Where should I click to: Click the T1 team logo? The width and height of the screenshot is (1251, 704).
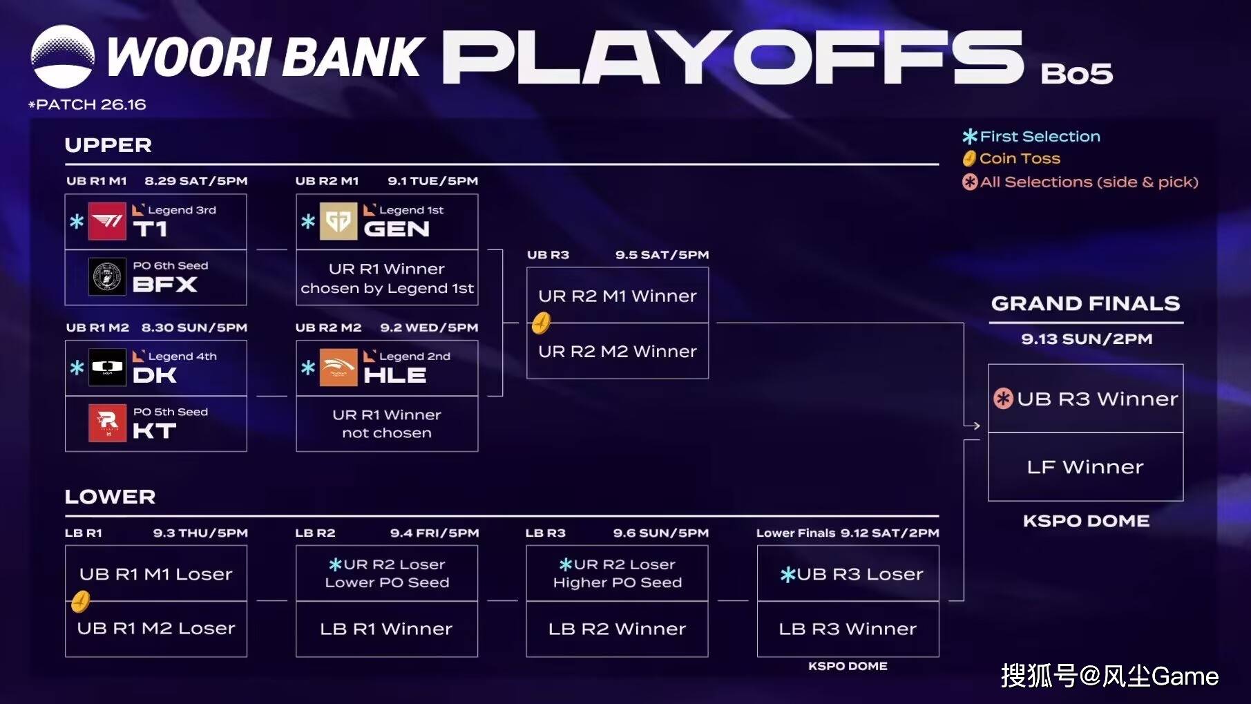click(107, 221)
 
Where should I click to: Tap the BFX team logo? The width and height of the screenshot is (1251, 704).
click(107, 276)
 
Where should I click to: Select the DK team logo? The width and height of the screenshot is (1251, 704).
click(107, 367)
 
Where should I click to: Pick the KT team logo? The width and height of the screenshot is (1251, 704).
click(107, 423)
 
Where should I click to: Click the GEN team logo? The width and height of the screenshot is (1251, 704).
click(338, 221)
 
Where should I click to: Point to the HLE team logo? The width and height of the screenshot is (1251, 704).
click(338, 367)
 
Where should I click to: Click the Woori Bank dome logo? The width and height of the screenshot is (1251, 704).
click(63, 57)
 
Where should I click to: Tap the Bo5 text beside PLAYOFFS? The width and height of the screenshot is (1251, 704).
click(1076, 73)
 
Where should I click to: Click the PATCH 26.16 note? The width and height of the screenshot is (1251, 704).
click(87, 104)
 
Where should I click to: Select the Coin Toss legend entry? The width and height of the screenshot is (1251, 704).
click(1011, 158)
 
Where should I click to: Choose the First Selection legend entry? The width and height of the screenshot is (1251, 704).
click(1031, 136)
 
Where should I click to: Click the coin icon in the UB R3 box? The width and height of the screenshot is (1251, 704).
click(541, 323)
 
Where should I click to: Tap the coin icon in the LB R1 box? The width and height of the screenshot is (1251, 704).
click(80, 601)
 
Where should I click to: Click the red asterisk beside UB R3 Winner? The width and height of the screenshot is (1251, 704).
click(1003, 399)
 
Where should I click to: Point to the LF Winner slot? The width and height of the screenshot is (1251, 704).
click(1085, 467)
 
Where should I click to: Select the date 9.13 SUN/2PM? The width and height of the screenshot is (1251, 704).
click(1087, 339)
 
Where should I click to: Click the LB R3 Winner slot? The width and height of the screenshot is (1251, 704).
click(848, 629)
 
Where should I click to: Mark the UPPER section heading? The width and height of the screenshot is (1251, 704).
click(108, 145)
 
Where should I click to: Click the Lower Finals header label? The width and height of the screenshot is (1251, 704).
click(796, 533)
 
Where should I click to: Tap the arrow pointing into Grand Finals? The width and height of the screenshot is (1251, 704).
click(972, 426)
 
